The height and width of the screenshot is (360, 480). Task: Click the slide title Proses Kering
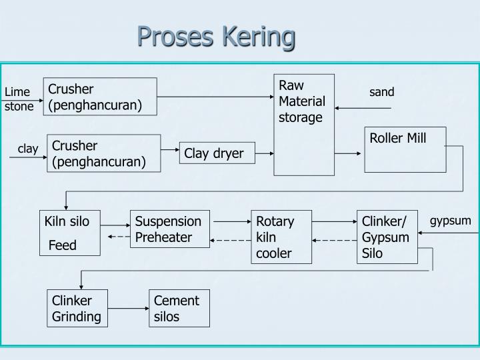point(216,37)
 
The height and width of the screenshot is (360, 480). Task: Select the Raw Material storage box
point(304,125)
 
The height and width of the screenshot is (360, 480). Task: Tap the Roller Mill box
point(405,149)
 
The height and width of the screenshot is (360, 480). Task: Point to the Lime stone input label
point(19,99)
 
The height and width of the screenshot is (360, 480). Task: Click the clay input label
point(28,149)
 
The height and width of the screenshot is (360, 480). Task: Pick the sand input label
point(382,92)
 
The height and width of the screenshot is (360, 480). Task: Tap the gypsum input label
point(450,221)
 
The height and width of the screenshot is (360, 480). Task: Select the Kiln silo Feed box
point(69,233)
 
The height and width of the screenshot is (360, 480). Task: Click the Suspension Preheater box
point(169,229)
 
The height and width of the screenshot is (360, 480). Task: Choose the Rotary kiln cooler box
point(281,237)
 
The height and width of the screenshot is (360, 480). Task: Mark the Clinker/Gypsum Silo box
point(387,237)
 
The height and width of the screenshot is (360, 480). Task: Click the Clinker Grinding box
point(77,309)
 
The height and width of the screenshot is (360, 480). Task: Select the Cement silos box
point(179,309)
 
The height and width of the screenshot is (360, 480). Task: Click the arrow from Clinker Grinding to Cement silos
point(128,309)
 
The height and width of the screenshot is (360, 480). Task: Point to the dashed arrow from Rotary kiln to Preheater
point(230,240)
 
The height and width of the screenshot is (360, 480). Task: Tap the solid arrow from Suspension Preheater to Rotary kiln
point(230,221)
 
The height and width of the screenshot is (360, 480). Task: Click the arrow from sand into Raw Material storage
point(363,107)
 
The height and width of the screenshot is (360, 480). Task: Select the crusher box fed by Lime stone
point(100,97)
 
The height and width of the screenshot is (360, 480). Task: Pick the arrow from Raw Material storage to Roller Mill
point(349,154)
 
